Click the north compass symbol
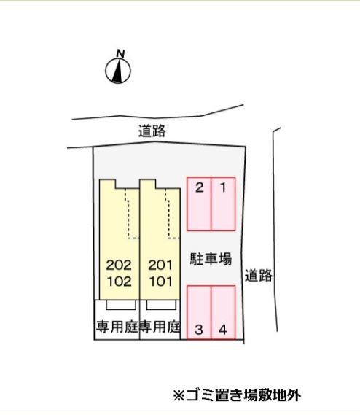(118, 71)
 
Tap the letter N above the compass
(121, 54)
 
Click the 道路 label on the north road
(152, 131)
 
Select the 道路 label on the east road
(259, 275)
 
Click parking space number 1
(223, 204)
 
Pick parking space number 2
(199, 204)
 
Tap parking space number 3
(199, 312)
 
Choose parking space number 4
(223, 312)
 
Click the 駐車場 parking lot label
(211, 259)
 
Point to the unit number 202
(119, 265)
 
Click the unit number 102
(120, 282)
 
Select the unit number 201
(160, 265)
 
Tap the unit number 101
(161, 282)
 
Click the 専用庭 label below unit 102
(117, 327)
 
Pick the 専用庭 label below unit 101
(160, 327)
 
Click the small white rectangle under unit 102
(121, 305)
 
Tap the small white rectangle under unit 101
(161, 305)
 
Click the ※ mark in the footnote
(179, 396)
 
